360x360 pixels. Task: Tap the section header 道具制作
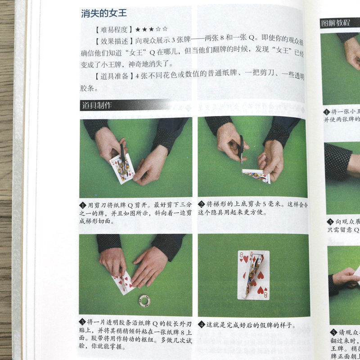pos(97,106)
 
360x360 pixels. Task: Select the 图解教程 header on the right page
pos(335,22)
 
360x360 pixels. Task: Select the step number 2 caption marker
pos(202,204)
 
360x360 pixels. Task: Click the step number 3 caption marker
pos(82,322)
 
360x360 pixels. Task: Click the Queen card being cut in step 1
pos(122,168)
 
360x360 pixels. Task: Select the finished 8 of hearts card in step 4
pos(253,275)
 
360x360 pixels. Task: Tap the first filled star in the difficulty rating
pos(138,30)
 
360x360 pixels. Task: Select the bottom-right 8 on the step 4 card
pos(264,294)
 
